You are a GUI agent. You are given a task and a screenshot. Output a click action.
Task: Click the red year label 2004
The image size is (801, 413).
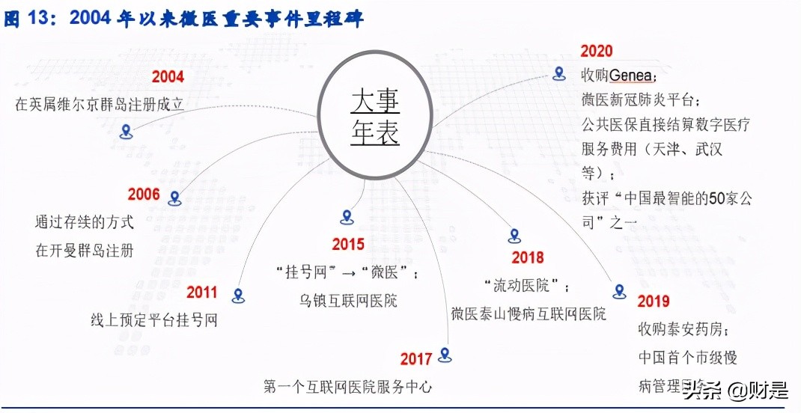click(x=168, y=77)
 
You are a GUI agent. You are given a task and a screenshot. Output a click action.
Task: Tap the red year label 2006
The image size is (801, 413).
click(x=144, y=195)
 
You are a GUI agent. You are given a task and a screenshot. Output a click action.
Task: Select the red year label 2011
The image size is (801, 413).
click(x=202, y=292)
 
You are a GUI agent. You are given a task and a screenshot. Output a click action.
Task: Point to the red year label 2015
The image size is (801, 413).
click(x=348, y=244)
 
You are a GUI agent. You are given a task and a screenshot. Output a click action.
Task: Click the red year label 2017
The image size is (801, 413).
click(x=416, y=359)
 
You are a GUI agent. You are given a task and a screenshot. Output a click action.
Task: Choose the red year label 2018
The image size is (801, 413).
click(x=528, y=257)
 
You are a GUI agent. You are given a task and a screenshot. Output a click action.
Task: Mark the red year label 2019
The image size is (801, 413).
click(x=654, y=301)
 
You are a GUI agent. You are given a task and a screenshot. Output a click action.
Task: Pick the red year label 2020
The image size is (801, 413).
click(x=597, y=51)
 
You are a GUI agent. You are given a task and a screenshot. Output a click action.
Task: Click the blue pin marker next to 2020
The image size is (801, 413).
click(x=558, y=73)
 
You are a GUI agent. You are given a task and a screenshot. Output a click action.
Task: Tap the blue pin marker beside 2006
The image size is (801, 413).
click(x=175, y=198)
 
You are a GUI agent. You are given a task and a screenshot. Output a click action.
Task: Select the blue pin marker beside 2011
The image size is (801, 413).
click(x=239, y=296)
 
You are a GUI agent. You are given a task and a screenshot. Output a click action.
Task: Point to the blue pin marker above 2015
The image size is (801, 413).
click(x=347, y=217)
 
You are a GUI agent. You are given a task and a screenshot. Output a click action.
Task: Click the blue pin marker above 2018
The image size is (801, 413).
click(x=514, y=236)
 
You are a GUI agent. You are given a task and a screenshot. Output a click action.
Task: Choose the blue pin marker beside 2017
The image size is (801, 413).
click(x=445, y=355)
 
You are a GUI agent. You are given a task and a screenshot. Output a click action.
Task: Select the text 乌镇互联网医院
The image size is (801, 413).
click(x=348, y=301)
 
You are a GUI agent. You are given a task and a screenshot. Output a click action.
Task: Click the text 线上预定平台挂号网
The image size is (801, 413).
click(x=153, y=321)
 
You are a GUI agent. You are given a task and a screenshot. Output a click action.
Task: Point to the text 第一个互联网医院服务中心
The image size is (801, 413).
click(x=348, y=387)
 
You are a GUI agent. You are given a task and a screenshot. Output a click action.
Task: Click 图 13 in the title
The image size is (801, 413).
click(x=26, y=18)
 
